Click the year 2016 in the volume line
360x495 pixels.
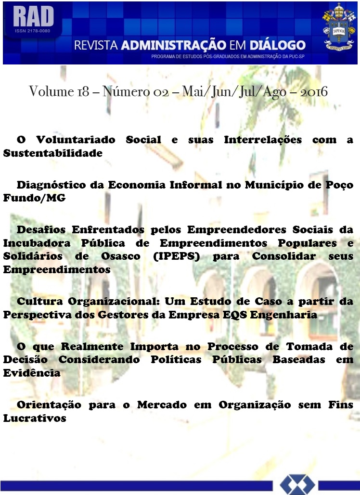314,92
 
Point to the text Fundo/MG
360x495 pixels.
34,198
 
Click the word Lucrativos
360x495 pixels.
35,418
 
